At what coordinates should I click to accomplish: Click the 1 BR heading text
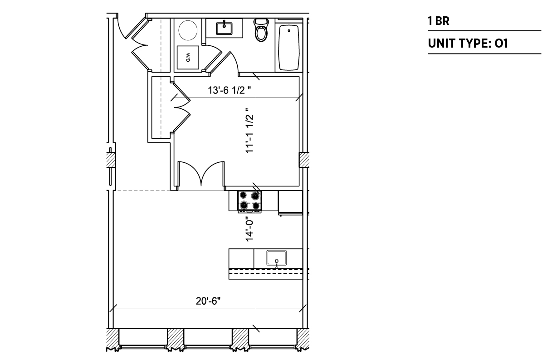[x=439, y=21]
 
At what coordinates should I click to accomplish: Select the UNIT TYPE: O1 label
[x=468, y=44]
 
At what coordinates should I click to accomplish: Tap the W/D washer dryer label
[x=188, y=58]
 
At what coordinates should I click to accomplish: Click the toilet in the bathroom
[x=261, y=30]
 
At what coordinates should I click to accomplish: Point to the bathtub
[x=288, y=48]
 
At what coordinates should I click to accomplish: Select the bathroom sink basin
[x=224, y=29]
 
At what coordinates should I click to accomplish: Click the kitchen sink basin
[x=276, y=258]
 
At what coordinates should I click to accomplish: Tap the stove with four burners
[x=249, y=201]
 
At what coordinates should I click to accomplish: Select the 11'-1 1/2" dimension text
[x=249, y=131]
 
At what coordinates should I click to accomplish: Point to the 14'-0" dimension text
[x=249, y=230]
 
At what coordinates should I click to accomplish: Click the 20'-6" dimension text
[x=208, y=301]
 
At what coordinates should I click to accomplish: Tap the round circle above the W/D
[x=188, y=30]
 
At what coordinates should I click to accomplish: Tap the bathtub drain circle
[x=289, y=31]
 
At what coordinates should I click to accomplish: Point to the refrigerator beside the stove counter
[x=290, y=202]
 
